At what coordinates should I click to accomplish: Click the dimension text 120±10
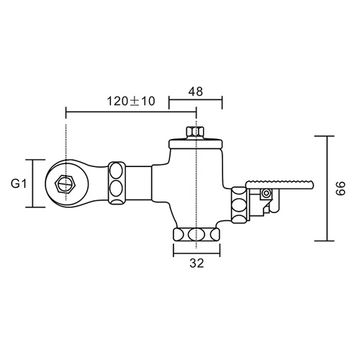point(131,101)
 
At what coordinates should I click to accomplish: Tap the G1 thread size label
point(19,183)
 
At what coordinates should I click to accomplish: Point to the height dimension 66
point(341,189)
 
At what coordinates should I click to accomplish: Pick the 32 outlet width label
point(195,264)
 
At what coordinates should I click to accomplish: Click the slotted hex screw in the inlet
point(66,183)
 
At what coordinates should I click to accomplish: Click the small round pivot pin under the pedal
point(266,194)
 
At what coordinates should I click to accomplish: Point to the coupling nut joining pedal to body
point(238,205)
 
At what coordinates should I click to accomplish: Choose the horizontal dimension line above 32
point(195,252)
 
